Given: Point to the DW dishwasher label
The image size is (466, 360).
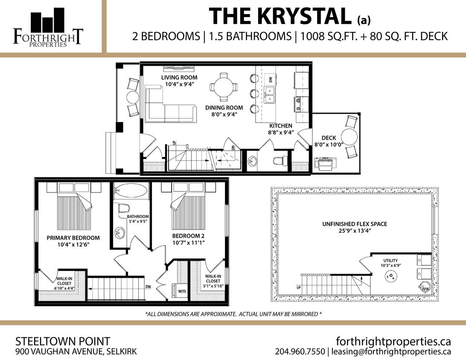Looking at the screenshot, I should [x=271, y=79].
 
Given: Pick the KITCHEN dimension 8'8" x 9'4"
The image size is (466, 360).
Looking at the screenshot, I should [x=280, y=133].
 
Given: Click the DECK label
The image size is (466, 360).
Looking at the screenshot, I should [x=329, y=138].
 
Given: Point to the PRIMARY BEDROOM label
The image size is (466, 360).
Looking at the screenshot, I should [x=73, y=238].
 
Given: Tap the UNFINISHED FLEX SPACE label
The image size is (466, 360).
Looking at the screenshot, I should [x=355, y=224].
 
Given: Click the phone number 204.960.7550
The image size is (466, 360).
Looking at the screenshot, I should [x=300, y=352].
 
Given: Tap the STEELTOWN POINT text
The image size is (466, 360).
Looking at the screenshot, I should [x=63, y=341].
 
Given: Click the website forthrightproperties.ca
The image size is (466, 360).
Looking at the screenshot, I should [x=393, y=341].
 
